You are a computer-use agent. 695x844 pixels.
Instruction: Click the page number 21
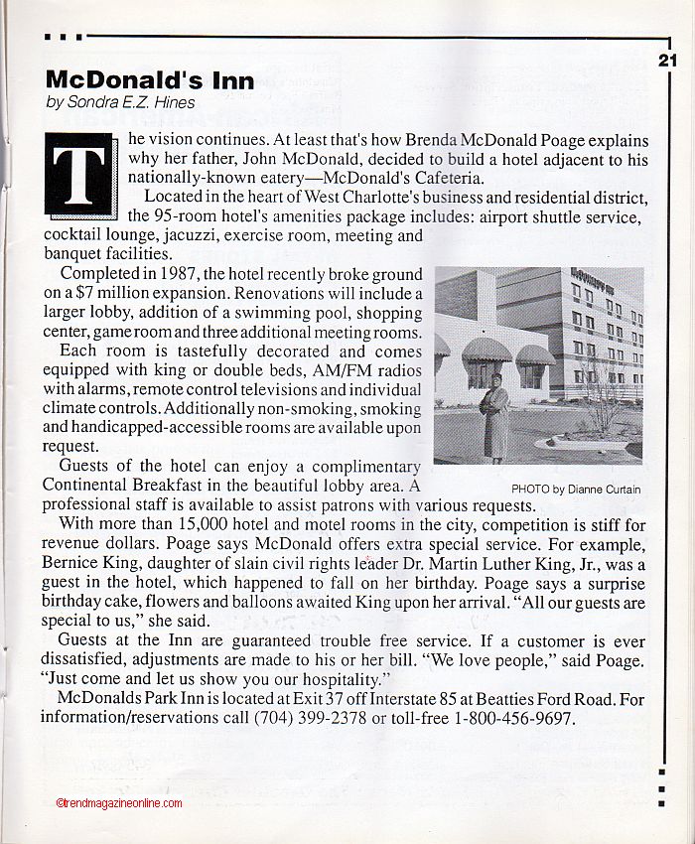tap(667, 60)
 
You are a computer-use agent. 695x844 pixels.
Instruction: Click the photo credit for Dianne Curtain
tap(576, 489)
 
